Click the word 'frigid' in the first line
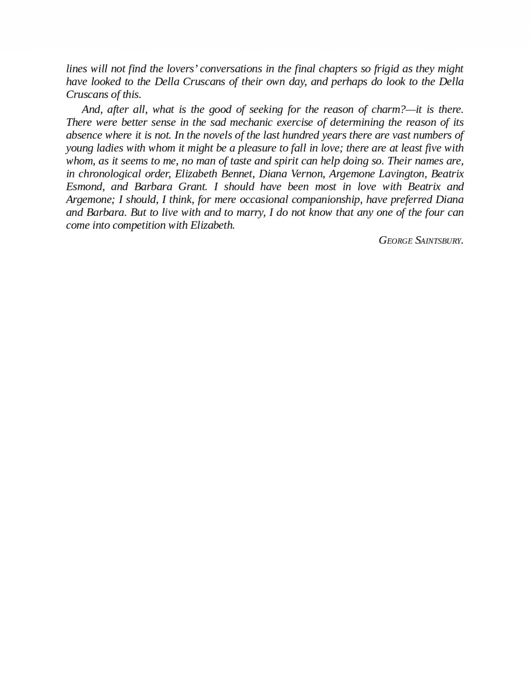coord(386,69)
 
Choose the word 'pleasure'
coord(257,148)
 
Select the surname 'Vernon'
coord(307,173)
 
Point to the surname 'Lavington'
coord(401,173)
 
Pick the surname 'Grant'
coord(193,186)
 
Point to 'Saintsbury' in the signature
coord(439,241)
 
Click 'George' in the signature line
coord(396,241)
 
